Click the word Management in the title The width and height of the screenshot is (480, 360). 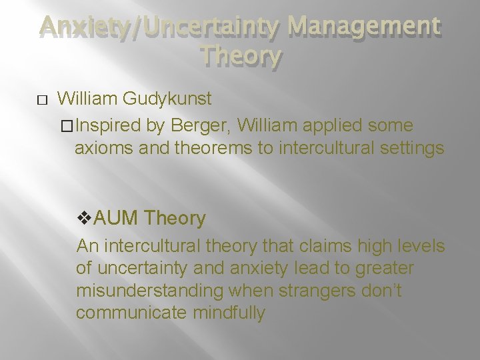(x=363, y=27)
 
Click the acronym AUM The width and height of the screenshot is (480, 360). (x=116, y=218)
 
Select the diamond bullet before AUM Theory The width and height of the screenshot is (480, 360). (x=84, y=218)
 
